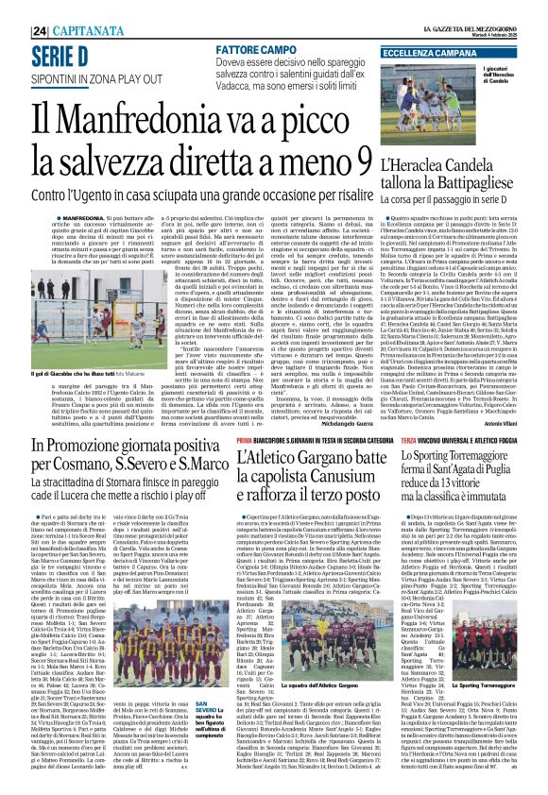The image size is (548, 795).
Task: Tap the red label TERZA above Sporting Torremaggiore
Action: point(409,440)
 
